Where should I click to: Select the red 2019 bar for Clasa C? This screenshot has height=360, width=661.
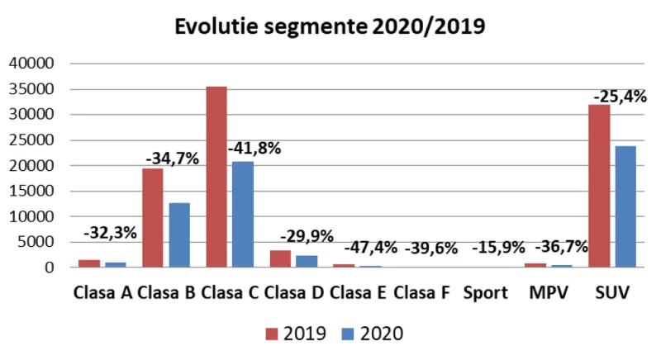(216, 177)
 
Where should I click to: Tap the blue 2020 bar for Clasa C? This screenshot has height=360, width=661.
(243, 214)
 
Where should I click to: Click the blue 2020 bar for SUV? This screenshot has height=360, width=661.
(625, 206)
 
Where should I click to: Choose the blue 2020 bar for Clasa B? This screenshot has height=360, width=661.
(179, 235)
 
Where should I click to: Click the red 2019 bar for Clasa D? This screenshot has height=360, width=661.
(280, 258)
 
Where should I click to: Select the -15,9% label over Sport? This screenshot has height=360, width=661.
(499, 247)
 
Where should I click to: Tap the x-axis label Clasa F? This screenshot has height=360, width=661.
(421, 293)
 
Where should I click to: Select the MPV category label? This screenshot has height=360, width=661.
(549, 293)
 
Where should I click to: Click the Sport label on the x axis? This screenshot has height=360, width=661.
(486, 293)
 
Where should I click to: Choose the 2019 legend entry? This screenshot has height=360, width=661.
(295, 334)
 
